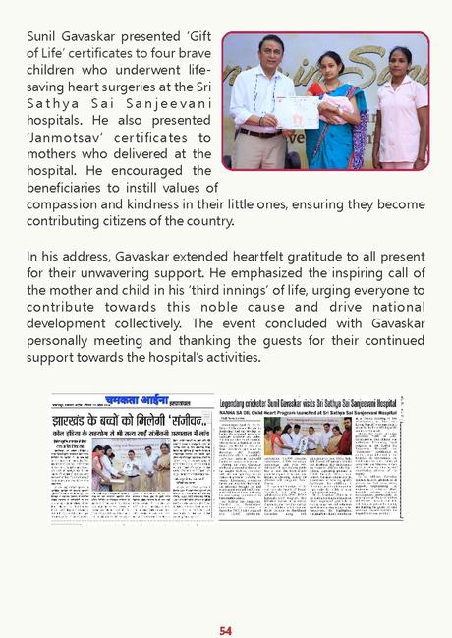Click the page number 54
(226, 603)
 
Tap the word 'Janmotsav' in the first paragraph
(61, 138)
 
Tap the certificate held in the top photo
(296, 111)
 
